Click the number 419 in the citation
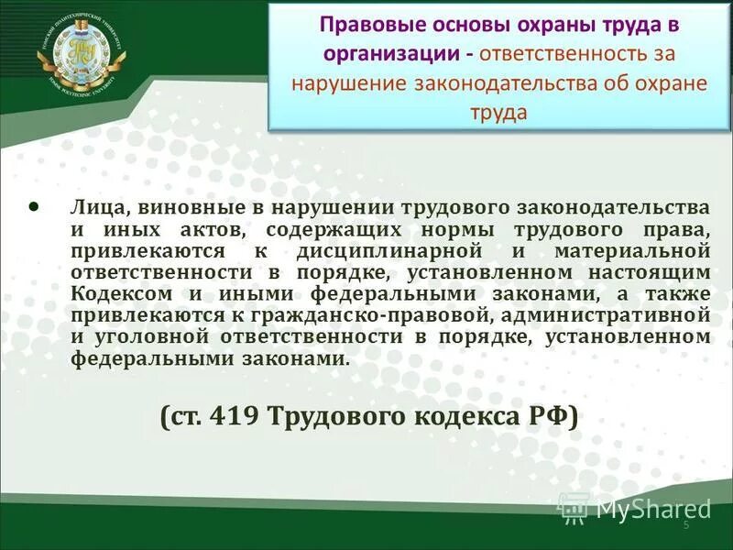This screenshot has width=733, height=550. pos(235,418)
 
